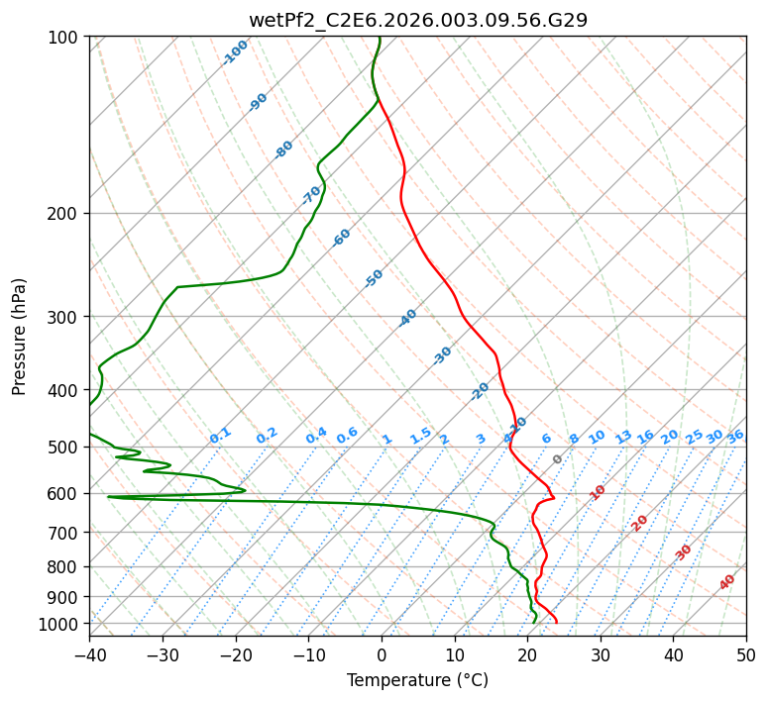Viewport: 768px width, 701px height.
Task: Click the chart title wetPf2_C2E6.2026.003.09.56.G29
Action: click(x=417, y=19)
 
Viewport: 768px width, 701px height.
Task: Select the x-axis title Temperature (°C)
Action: click(x=417, y=680)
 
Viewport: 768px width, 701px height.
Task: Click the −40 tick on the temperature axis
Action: click(x=89, y=654)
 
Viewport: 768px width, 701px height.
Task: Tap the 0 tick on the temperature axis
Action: click(x=382, y=654)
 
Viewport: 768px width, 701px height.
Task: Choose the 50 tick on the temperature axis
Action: click(x=746, y=654)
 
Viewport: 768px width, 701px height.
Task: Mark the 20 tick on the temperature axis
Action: click(x=527, y=654)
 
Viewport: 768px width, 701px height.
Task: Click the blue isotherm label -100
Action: click(x=235, y=52)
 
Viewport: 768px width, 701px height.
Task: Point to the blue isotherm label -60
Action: click(x=342, y=238)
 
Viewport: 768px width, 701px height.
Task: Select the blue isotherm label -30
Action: click(x=442, y=355)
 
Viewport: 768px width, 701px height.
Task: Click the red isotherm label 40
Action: click(x=727, y=583)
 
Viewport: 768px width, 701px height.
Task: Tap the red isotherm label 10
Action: click(x=597, y=492)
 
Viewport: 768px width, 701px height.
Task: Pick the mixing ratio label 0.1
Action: click(x=220, y=435)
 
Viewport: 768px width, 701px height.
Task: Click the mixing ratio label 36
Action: click(x=735, y=436)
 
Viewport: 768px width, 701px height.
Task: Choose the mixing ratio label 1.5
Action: click(x=420, y=435)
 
